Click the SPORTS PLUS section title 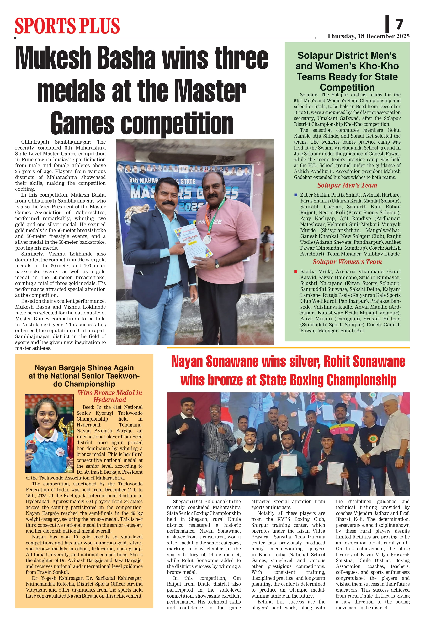click(x=67, y=26)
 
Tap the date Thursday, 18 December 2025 click(x=368, y=36)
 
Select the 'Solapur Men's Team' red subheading click(x=347, y=185)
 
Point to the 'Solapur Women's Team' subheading click(x=347, y=262)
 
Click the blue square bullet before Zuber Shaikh click(x=296, y=195)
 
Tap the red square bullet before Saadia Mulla click(x=296, y=271)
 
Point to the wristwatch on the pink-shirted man click(x=217, y=264)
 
